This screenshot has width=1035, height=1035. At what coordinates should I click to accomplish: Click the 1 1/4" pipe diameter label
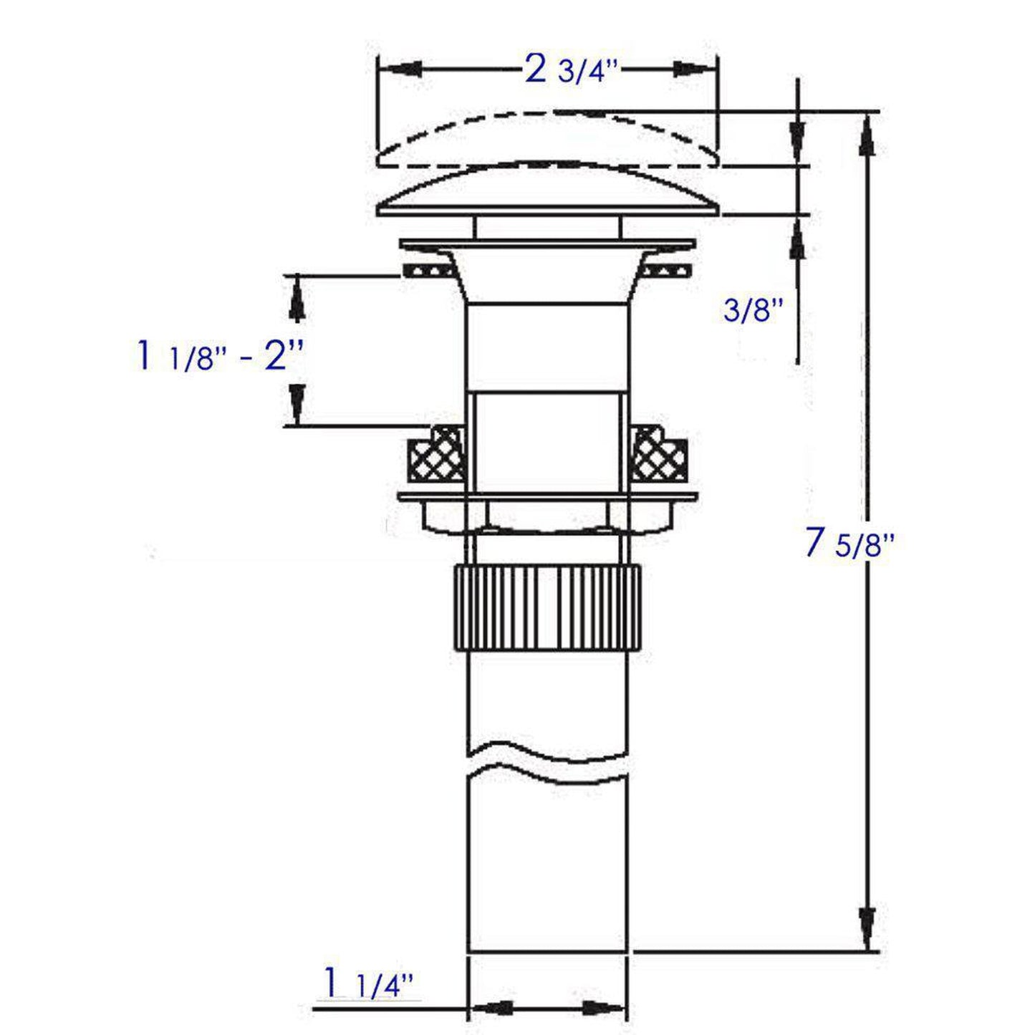click(369, 983)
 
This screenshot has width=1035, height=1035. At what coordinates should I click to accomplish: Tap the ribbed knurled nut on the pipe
click(549, 606)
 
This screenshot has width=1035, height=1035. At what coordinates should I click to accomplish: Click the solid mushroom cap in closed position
click(548, 191)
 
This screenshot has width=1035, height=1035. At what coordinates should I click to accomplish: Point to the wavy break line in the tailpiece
click(548, 761)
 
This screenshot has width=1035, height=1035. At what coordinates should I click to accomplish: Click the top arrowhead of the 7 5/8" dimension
click(867, 136)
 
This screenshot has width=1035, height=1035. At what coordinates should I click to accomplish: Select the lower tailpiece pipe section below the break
click(548, 867)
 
